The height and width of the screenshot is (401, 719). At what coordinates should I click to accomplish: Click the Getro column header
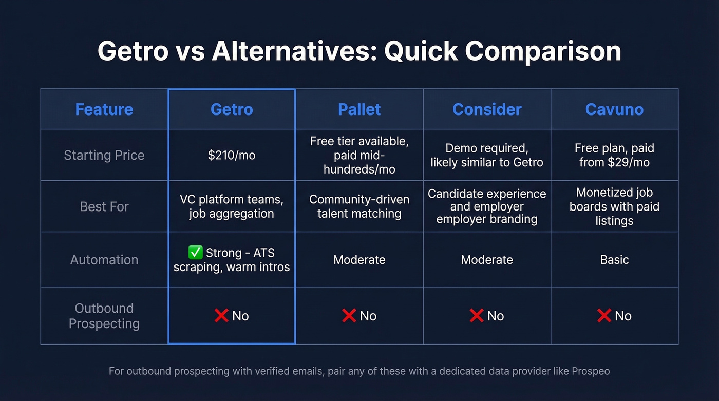coord(232,109)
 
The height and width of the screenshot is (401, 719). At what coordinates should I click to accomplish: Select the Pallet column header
coord(359,109)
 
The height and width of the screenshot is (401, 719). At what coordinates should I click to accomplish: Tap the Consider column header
coord(487,109)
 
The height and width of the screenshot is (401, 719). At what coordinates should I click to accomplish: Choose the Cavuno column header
coord(614,109)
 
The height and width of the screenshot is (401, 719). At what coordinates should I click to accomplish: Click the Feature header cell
coord(104,109)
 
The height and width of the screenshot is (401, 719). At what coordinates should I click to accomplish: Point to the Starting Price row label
coord(104,155)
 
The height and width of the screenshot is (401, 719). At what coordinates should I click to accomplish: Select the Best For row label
coord(104,206)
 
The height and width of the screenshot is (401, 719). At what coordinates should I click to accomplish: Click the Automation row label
coord(104,260)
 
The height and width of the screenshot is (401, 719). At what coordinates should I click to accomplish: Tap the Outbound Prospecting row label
coord(104,316)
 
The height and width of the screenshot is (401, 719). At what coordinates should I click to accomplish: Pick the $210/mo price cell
coord(232,155)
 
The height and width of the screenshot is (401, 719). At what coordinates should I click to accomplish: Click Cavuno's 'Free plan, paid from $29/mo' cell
coord(614,155)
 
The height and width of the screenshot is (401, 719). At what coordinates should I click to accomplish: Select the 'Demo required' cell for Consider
coord(487,155)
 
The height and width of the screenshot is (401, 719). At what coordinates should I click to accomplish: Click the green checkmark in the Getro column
coord(195,253)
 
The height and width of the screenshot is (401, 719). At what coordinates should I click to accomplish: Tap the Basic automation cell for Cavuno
coord(614,260)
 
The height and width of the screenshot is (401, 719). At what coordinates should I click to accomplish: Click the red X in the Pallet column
coord(349,316)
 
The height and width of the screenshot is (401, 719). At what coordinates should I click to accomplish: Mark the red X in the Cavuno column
coord(604,316)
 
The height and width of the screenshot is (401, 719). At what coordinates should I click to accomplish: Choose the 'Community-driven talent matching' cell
coord(359,206)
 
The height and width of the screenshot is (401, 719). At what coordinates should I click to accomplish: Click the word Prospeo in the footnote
coord(591,371)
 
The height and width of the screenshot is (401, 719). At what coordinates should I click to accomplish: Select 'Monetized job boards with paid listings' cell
coord(614,206)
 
